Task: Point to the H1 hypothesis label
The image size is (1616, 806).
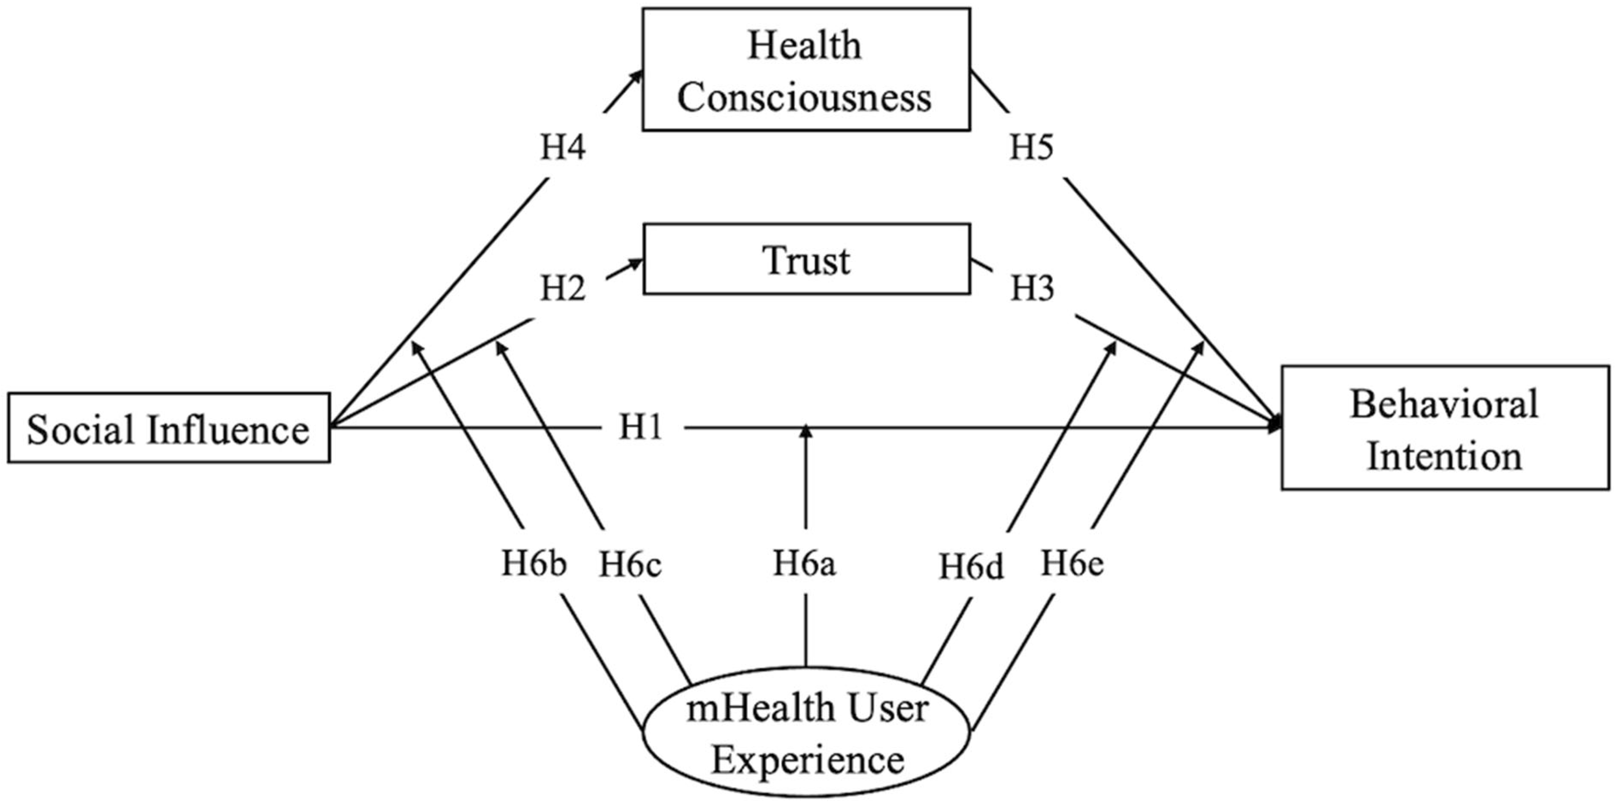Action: tap(641, 428)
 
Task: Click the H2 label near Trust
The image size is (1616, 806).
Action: tap(563, 289)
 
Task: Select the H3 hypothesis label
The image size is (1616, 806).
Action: tap(1032, 289)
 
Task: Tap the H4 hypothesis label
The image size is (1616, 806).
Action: tap(563, 148)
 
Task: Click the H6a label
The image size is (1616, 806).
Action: tap(804, 563)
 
